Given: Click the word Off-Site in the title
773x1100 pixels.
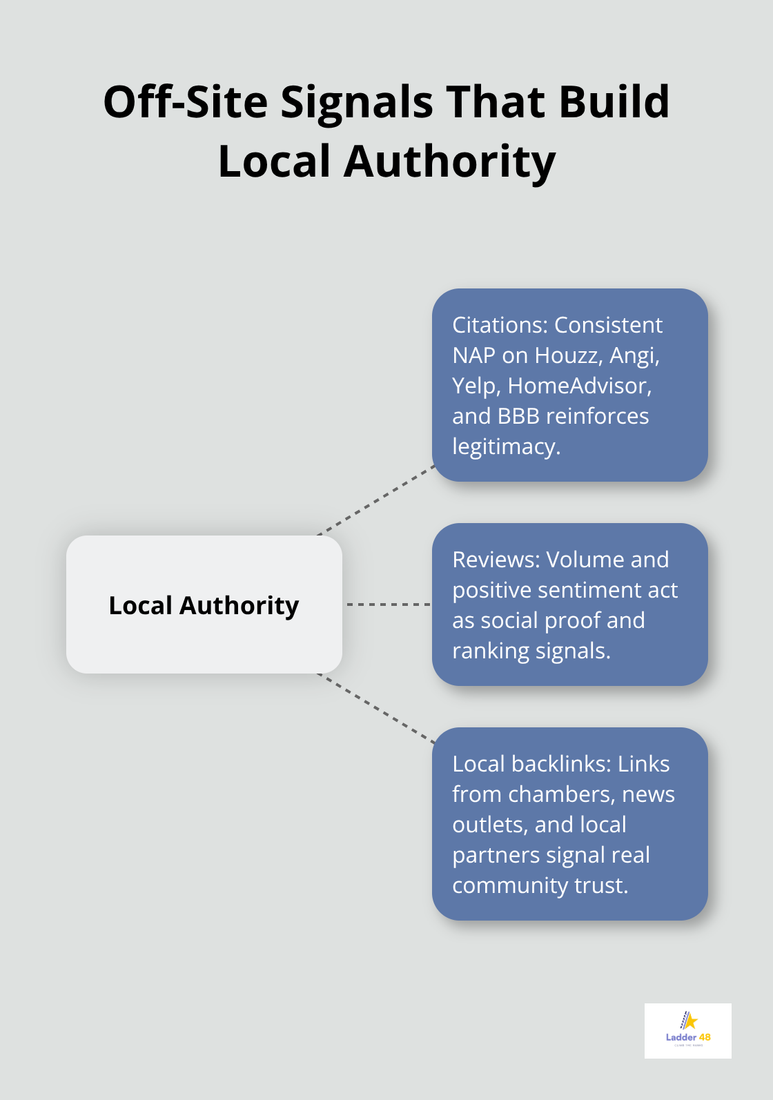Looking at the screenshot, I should point(185,102).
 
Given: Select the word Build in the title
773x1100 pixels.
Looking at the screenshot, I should point(614,102).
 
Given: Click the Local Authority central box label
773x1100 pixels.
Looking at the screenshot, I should point(204,605).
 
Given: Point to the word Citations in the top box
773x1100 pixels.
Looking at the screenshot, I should point(499,325).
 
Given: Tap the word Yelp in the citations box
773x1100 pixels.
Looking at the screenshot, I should point(476,386).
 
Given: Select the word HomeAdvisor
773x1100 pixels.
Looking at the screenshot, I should point(580,386).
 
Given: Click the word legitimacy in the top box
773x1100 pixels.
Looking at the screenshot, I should point(506,446).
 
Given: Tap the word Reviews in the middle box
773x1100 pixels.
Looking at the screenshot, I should point(496,560).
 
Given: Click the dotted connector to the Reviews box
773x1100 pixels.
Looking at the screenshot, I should point(388,605).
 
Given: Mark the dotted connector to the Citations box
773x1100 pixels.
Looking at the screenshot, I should point(377,500).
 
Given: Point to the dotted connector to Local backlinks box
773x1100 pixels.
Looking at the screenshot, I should point(377,709).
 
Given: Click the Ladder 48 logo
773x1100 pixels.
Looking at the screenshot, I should point(688,1030).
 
